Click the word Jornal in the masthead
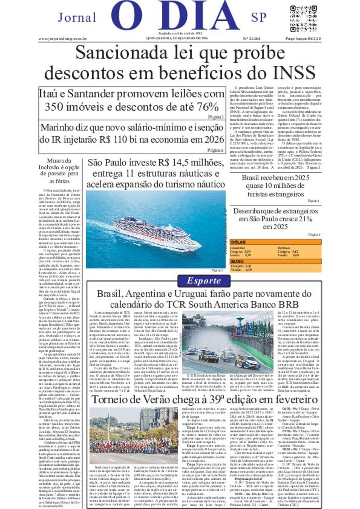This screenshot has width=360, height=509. tap(77, 18)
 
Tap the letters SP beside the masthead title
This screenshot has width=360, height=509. tap(259, 18)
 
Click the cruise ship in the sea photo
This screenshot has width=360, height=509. tap(157, 234)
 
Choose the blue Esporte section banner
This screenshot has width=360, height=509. tap(204, 281)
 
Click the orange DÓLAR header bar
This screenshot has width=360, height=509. tap(275, 242)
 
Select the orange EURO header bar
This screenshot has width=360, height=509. tap(275, 261)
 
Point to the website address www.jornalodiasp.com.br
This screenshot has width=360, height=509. tap(63, 39)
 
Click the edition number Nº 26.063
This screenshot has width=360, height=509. tap(252, 39)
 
